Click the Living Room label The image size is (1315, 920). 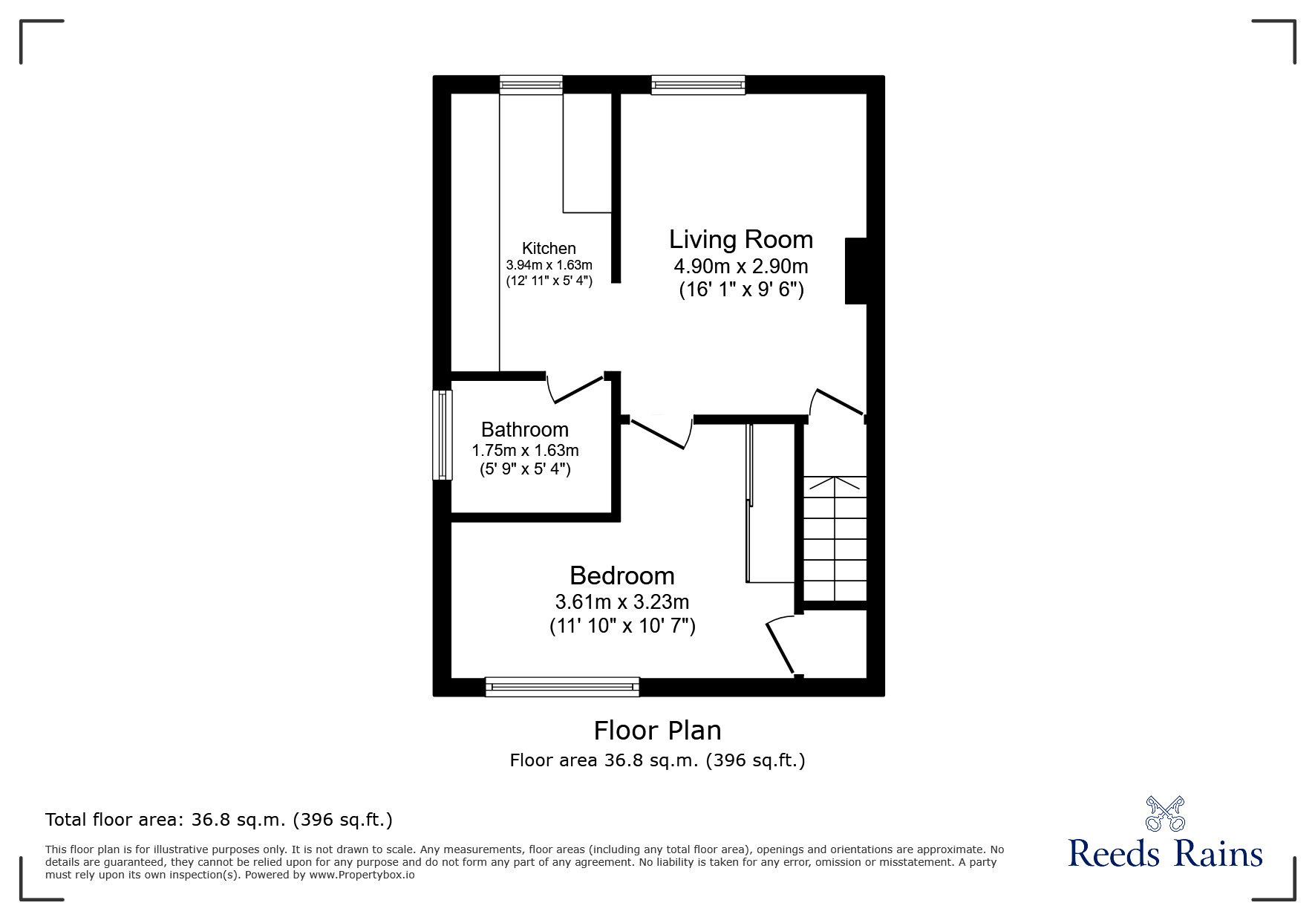pyautogui.click(x=741, y=239)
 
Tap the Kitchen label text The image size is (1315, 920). pyautogui.click(x=549, y=248)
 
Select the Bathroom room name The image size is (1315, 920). pyautogui.click(x=525, y=429)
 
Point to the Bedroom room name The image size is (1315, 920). pyautogui.click(x=622, y=575)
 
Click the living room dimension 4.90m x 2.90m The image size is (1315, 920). pyautogui.click(x=741, y=266)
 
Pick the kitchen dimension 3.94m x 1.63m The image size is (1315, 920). pyautogui.click(x=549, y=265)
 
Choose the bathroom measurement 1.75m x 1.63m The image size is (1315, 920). pyautogui.click(x=525, y=450)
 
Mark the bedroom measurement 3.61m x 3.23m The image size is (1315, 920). pyautogui.click(x=622, y=601)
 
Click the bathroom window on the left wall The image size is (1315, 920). pyautogui.click(x=443, y=435)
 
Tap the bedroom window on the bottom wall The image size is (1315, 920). pyautogui.click(x=562, y=687)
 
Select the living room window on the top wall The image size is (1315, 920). pyautogui.click(x=698, y=85)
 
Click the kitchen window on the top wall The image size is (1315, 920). pyautogui.click(x=531, y=85)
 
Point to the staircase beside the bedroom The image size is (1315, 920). pyautogui.click(x=835, y=538)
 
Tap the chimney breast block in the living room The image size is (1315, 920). pyautogui.click(x=856, y=271)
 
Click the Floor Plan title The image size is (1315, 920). pyautogui.click(x=657, y=731)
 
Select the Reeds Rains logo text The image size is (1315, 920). pyautogui.click(x=1166, y=854)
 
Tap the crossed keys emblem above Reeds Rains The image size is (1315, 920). pyautogui.click(x=1166, y=814)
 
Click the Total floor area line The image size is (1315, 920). pyautogui.click(x=219, y=820)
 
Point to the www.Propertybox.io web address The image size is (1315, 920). pyautogui.click(x=362, y=875)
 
